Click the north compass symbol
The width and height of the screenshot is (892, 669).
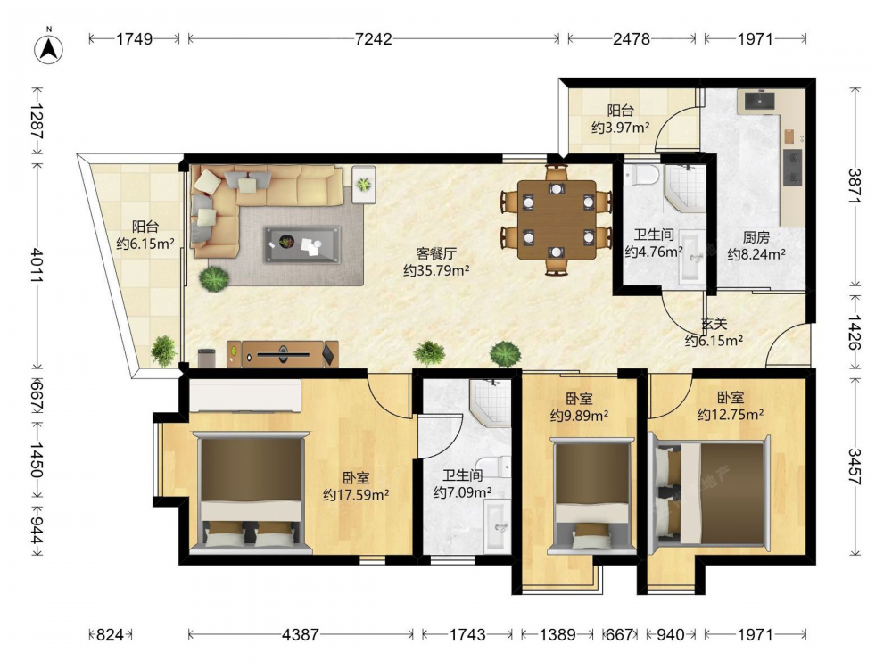point(49,47)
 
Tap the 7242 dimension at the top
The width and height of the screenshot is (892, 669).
point(373,38)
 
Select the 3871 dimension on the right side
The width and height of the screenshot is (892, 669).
point(855,186)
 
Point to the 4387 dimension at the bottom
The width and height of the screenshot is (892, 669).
point(301,634)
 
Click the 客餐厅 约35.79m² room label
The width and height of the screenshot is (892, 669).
point(436,261)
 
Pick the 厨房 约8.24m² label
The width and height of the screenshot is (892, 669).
point(756,246)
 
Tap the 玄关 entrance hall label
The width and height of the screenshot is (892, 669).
point(714,324)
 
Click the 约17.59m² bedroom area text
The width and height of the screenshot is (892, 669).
point(356,495)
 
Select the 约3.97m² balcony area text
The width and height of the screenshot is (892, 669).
point(620,128)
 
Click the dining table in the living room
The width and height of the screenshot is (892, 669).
point(557,220)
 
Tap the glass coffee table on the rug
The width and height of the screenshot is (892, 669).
point(302,244)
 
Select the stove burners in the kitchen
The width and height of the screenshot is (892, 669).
point(792,168)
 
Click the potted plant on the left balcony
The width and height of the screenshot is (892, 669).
point(163,351)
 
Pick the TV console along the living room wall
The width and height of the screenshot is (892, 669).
point(283,354)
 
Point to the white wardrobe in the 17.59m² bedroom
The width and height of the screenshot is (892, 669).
point(245,396)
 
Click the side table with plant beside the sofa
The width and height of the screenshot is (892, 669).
point(364,185)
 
